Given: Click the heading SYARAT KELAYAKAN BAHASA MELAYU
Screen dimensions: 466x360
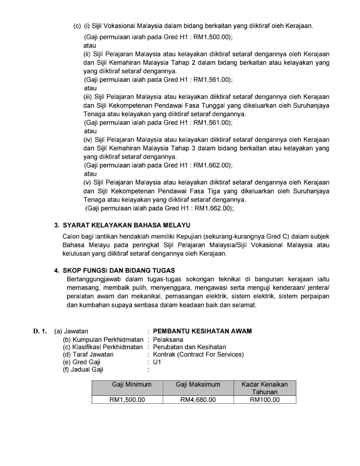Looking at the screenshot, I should point(126,225).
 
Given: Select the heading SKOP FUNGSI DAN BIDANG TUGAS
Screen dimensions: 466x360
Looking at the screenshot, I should point(119,270).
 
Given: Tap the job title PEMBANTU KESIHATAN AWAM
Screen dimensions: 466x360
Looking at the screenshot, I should point(202,331).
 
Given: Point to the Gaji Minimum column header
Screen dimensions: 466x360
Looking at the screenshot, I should point(127,385).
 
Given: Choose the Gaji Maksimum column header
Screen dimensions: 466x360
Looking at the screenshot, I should point(198,385).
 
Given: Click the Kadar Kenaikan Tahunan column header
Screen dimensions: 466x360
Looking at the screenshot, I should point(265,388).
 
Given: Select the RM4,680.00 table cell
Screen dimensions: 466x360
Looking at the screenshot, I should point(198,400).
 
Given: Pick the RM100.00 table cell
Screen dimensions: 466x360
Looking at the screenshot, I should point(265,400).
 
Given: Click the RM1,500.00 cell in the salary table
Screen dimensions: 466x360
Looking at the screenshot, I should point(127,400).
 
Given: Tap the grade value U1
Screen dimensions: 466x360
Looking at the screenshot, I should point(157,362).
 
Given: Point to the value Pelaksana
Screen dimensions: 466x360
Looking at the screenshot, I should point(168,340).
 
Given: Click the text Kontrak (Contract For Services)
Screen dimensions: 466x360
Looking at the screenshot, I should point(198,354).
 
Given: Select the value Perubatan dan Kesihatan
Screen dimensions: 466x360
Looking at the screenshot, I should point(189,347).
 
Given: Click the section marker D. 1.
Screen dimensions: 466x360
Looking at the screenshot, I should point(40,331).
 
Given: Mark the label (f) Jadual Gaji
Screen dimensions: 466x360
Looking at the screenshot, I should point(83,370).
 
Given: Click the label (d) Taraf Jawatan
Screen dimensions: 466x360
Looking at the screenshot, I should point(88,354).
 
